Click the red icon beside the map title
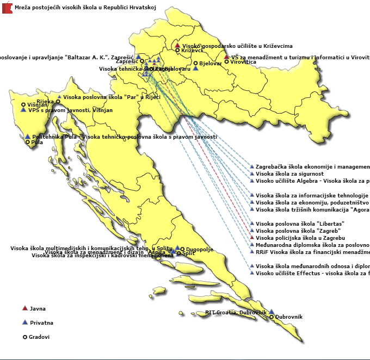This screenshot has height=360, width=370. (x=7, y=8)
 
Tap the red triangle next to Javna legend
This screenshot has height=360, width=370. (x=24, y=308)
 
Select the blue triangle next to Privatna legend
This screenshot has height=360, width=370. (x=24, y=322)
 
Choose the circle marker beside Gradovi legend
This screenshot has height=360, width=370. (x=24, y=337)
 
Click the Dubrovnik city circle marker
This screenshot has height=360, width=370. (x=272, y=316)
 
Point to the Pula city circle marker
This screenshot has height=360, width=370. (x=28, y=142)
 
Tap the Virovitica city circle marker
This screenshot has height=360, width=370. (x=227, y=62)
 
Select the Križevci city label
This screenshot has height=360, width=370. (x=192, y=51)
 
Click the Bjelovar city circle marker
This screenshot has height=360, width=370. (x=196, y=64)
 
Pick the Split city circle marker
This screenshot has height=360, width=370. (x=179, y=253)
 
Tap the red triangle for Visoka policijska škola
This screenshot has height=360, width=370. (x=252, y=238)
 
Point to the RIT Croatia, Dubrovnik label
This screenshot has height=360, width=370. (x=236, y=313)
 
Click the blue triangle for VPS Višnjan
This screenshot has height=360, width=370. (x=23, y=110)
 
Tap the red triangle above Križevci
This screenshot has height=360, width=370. (x=177, y=46)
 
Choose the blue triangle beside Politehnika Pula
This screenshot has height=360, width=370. (x=27, y=136)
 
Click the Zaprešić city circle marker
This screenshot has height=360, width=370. (x=142, y=61)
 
